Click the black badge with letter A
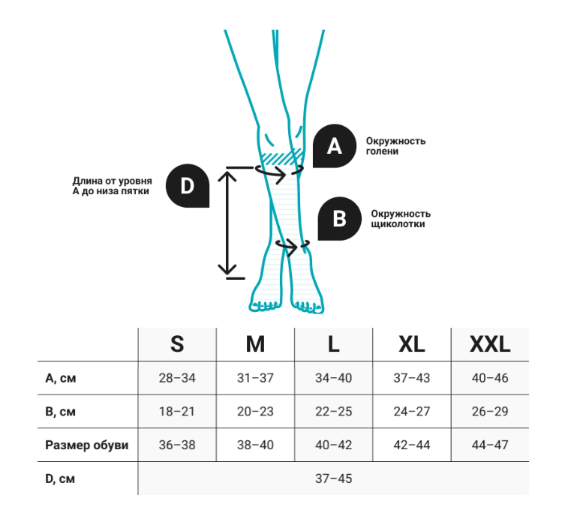335,146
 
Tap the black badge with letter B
339,218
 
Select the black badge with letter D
186,184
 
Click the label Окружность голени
395,146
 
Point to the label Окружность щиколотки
401,219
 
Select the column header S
177,344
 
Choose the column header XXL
489,344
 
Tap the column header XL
411,344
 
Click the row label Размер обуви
87,445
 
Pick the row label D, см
60,478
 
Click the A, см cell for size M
255,378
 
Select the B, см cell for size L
333,412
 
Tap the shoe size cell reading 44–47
489,445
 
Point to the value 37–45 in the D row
333,478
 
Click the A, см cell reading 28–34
177,378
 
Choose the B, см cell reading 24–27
411,412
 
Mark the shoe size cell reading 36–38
177,445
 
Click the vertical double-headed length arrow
227,222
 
